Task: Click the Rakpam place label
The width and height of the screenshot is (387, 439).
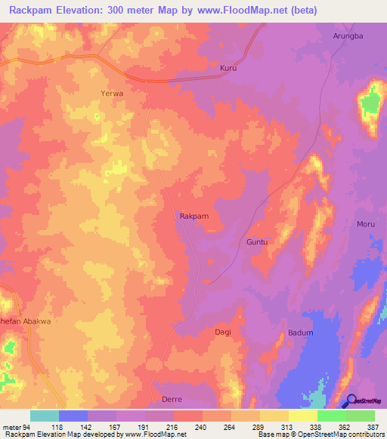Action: tap(193, 216)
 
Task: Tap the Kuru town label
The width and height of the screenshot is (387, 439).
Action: tap(228, 68)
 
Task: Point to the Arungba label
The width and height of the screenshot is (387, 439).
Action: tap(348, 35)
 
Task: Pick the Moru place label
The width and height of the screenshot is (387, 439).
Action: tap(366, 225)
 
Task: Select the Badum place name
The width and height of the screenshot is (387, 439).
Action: tap(300, 333)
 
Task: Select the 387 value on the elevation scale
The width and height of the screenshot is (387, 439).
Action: tap(374, 427)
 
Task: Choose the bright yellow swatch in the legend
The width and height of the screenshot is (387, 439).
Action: tap(302, 416)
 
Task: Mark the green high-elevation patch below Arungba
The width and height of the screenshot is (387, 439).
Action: tap(370, 101)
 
